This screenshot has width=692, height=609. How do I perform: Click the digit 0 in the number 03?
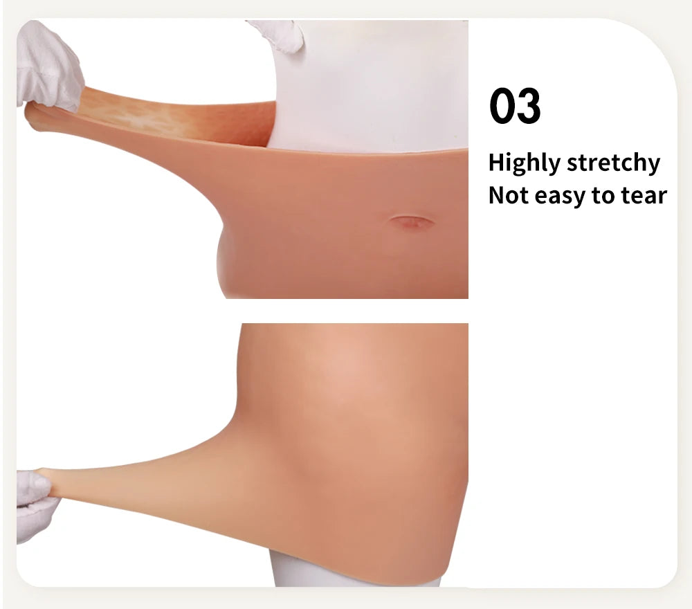pos(502,107)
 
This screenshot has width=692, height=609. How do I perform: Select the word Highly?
pos(524,164)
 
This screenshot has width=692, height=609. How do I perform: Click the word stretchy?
pos(613,164)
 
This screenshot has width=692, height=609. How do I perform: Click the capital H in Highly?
pos(495,163)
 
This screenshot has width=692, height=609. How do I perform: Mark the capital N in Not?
pos(496,196)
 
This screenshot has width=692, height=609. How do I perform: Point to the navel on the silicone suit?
pos(411,223)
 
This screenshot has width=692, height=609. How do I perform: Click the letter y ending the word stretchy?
pos(653,166)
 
